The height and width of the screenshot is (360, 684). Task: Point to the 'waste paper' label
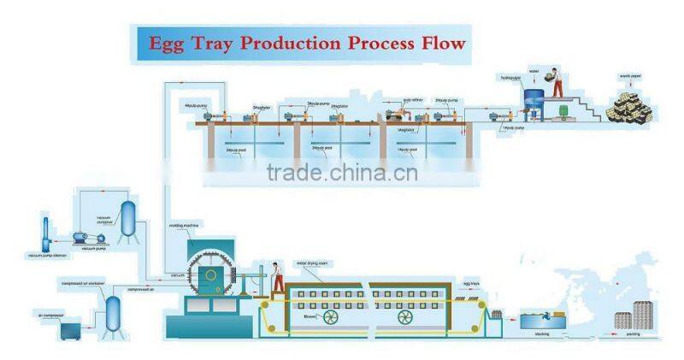tap(631, 78)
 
